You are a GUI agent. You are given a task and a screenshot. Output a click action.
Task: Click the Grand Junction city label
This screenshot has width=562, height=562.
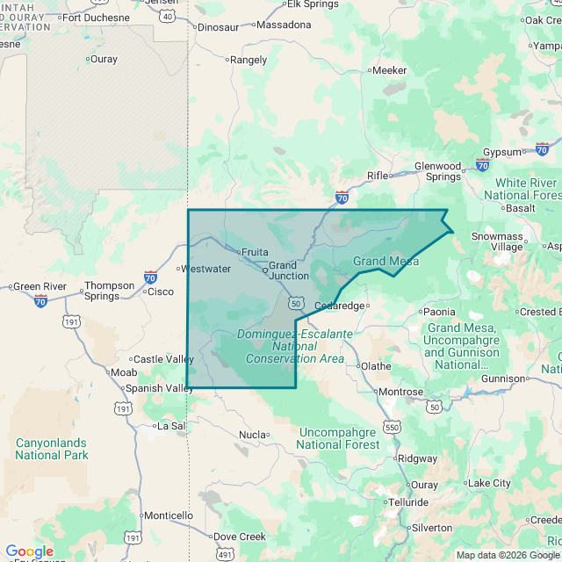pos(288,270)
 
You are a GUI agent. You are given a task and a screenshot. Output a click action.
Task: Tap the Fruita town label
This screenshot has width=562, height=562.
pos(255,252)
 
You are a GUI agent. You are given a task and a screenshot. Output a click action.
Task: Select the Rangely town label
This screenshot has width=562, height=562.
pos(247,61)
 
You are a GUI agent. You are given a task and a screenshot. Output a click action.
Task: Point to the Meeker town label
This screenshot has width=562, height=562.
pos(389,70)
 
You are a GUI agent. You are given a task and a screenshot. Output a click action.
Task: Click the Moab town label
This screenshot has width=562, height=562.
pos(123,372)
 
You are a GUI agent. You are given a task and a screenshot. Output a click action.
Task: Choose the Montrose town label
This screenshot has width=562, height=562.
pos(401,392)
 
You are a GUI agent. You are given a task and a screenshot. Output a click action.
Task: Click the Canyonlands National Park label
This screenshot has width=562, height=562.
pos(52,449)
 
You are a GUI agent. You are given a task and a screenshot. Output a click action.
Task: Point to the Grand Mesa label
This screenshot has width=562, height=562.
pos(385,262)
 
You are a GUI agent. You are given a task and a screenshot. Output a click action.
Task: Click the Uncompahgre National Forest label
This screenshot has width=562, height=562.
pos(339,438)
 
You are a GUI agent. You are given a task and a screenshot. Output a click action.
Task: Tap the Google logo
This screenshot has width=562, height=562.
pos(30,551)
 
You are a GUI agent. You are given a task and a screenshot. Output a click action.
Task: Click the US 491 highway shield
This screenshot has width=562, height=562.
pos(226,554)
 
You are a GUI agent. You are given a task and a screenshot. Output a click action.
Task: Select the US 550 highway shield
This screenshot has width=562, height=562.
pos(392,427)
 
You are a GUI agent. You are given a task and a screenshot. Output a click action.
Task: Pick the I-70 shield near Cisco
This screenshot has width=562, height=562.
pos(150,277)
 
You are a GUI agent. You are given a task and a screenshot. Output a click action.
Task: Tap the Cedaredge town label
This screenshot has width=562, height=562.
pos(339,306)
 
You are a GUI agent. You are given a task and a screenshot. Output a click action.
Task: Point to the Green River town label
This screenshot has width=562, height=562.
pos(40,286)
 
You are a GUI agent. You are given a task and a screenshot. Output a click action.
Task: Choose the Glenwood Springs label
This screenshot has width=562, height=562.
pos(437,171)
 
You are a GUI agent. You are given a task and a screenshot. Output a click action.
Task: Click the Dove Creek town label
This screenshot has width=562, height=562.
pos(240,537)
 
